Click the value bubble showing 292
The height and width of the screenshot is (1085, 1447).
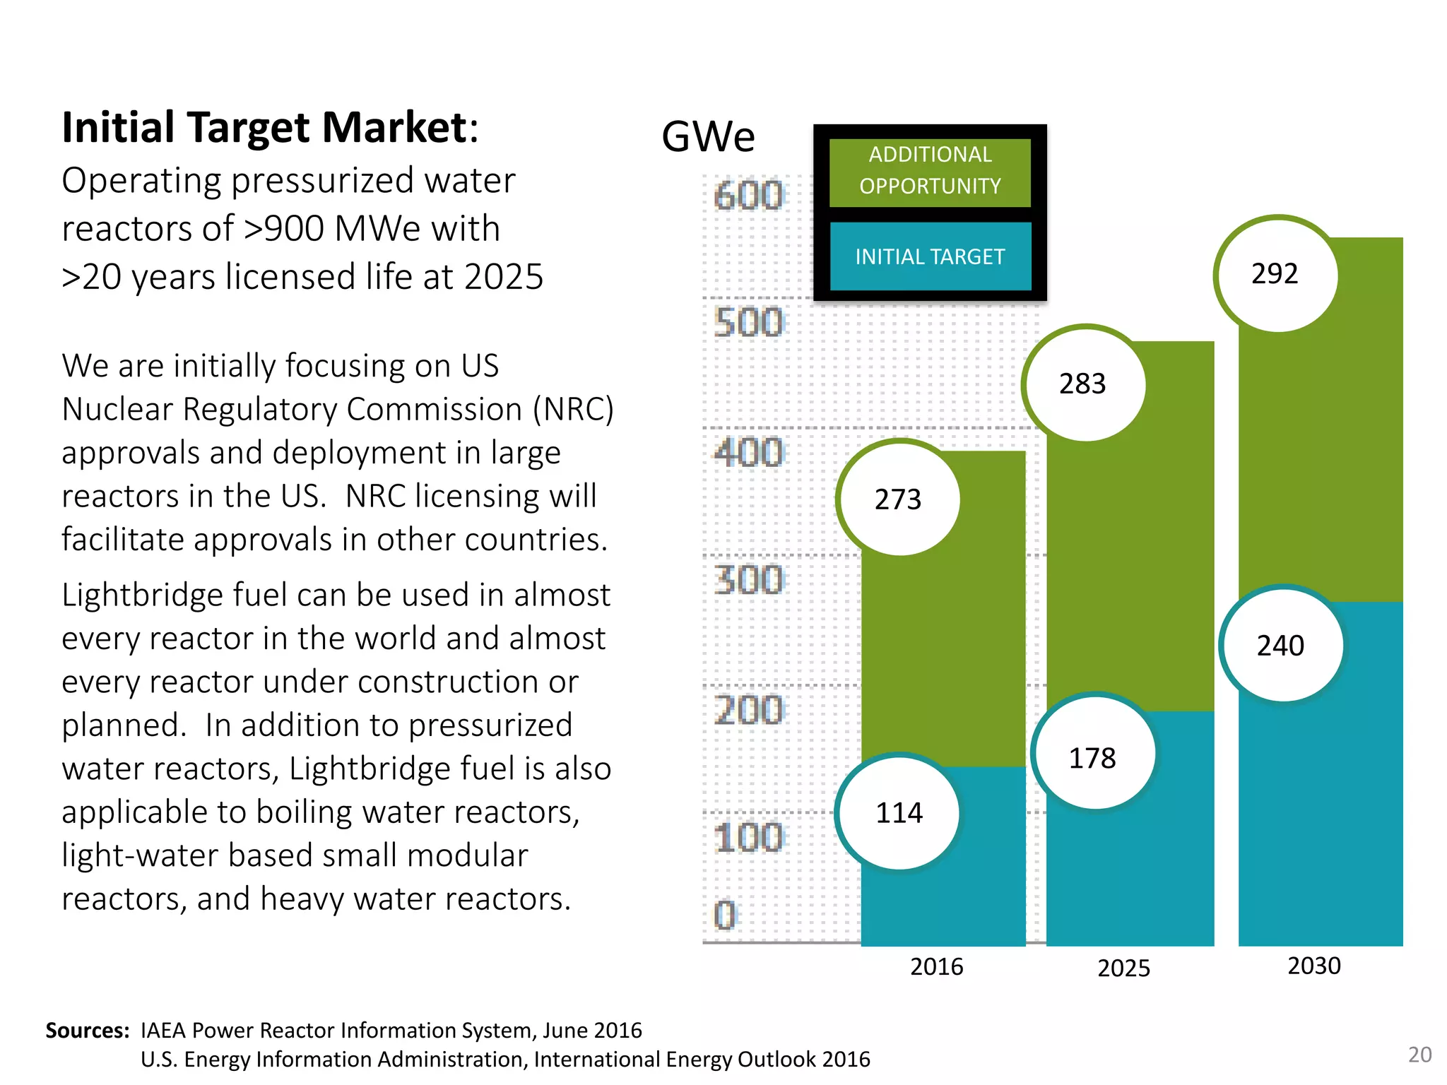[x=1275, y=274]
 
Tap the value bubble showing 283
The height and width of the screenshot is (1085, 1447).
[x=1082, y=384]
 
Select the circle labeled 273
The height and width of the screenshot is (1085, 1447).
[x=898, y=499]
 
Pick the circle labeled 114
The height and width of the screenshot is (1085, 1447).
[x=899, y=813]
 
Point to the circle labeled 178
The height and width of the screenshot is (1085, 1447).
[x=1092, y=758]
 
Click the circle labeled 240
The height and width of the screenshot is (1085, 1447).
[x=1280, y=646]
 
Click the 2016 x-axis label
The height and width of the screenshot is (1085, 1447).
[x=936, y=966]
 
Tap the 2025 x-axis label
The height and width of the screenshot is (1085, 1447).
[x=1123, y=968]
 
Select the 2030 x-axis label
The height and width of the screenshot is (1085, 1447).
[x=1313, y=966]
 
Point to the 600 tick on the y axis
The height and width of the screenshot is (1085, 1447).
[x=748, y=196]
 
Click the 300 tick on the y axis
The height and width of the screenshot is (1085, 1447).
[x=748, y=580]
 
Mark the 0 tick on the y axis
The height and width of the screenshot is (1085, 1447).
[x=726, y=915]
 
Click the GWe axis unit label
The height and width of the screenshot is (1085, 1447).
[x=708, y=136]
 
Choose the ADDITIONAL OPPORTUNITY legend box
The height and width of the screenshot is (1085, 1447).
[x=930, y=171]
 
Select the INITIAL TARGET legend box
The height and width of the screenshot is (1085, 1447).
[x=930, y=256]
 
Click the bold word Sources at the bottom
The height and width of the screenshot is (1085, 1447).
[x=87, y=1031]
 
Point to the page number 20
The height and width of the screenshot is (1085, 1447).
[x=1419, y=1055]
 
